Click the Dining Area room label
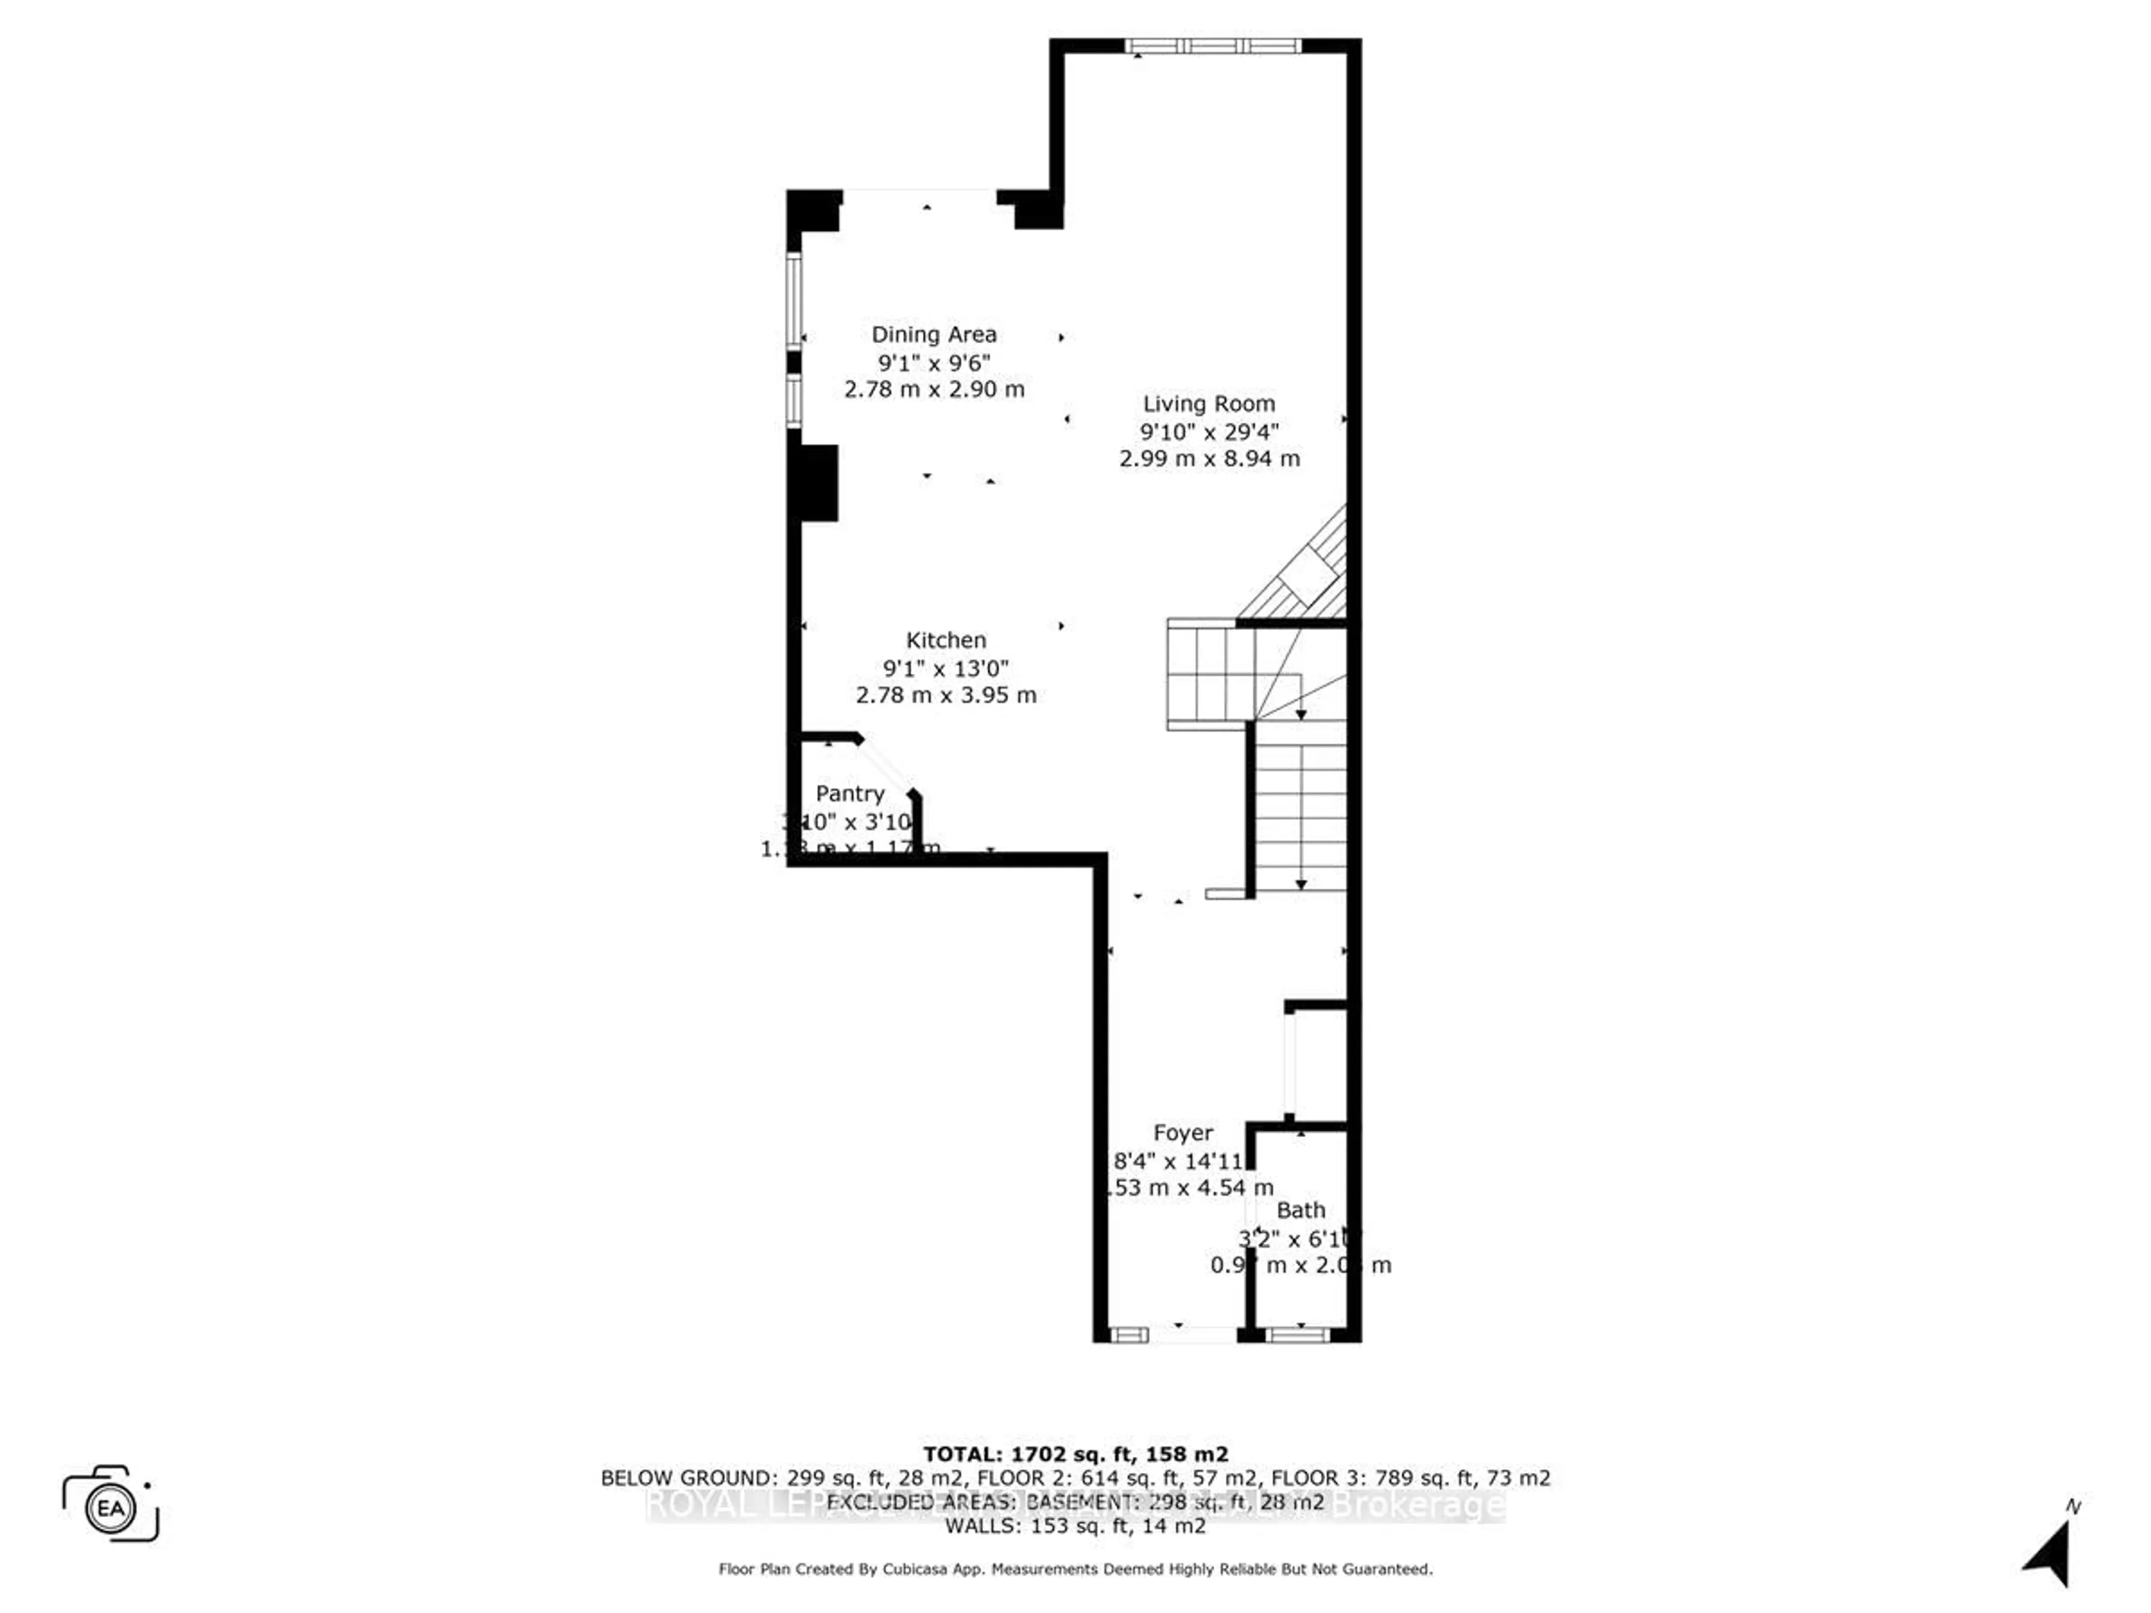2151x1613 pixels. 934,334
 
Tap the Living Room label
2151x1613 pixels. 1209,403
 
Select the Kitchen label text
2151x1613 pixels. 945,640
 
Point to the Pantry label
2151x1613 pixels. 850,794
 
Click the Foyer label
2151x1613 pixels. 1182,1132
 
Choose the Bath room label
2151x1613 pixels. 1300,1210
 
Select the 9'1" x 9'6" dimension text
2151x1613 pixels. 934,363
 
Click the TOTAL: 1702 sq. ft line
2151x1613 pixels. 1075,1455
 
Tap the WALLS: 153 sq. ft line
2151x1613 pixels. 1075,1526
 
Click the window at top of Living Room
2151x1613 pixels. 1212,46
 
